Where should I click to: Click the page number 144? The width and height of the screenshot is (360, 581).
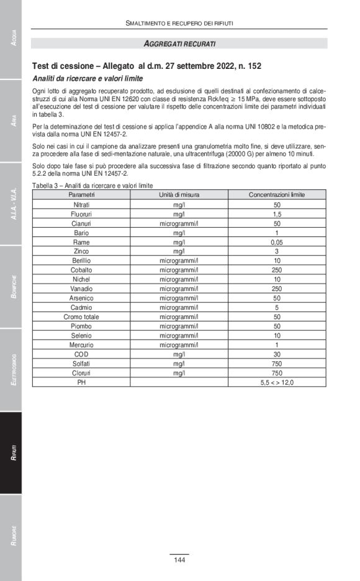pos(179,560)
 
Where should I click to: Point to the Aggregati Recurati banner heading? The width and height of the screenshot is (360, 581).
pos(179,43)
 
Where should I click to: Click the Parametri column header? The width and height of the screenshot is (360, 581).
pos(81,195)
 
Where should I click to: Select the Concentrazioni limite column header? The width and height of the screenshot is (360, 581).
pos(277,195)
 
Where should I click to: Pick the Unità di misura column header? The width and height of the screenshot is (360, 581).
pos(179,195)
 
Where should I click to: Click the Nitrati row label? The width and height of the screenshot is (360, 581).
pos(81,204)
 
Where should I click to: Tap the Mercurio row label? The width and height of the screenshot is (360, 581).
pos(81,345)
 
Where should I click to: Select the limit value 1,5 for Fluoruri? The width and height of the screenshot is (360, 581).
pos(277,214)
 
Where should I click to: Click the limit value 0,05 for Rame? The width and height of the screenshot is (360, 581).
pos(277,242)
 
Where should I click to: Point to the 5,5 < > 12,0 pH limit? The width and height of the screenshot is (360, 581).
pos(277,382)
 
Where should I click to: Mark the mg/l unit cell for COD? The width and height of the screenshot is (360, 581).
pos(179,354)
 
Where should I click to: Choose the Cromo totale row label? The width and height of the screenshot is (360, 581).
pos(81,317)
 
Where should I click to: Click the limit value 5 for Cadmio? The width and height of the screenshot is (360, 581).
pos(277,307)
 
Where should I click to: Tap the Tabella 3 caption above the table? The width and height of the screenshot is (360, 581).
pos(93,186)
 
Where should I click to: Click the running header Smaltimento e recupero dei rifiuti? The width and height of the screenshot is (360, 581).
pos(179,23)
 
